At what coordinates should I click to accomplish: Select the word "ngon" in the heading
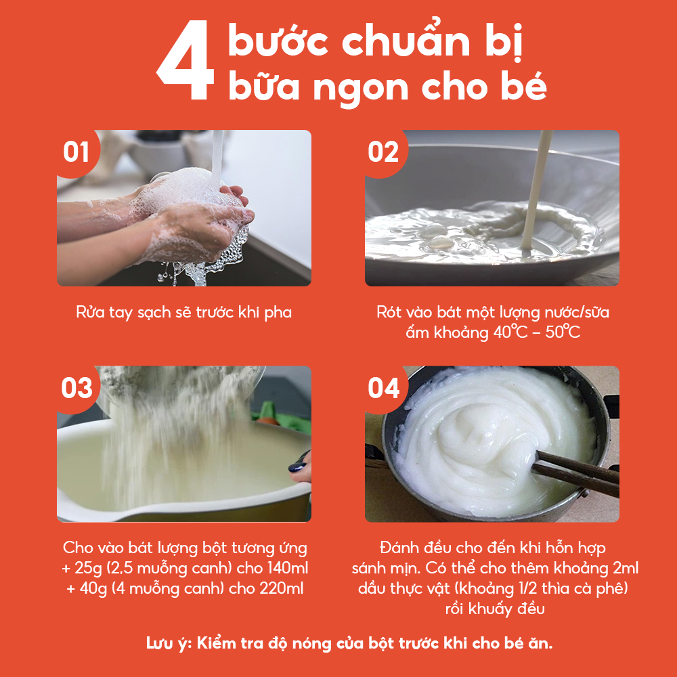pos(361,89)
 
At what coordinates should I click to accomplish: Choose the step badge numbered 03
pos(77,388)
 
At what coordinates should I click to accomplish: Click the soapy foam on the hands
pos(190,190)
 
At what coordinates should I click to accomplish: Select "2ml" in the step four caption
pos(626,568)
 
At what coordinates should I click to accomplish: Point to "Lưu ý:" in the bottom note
pos(169,644)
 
